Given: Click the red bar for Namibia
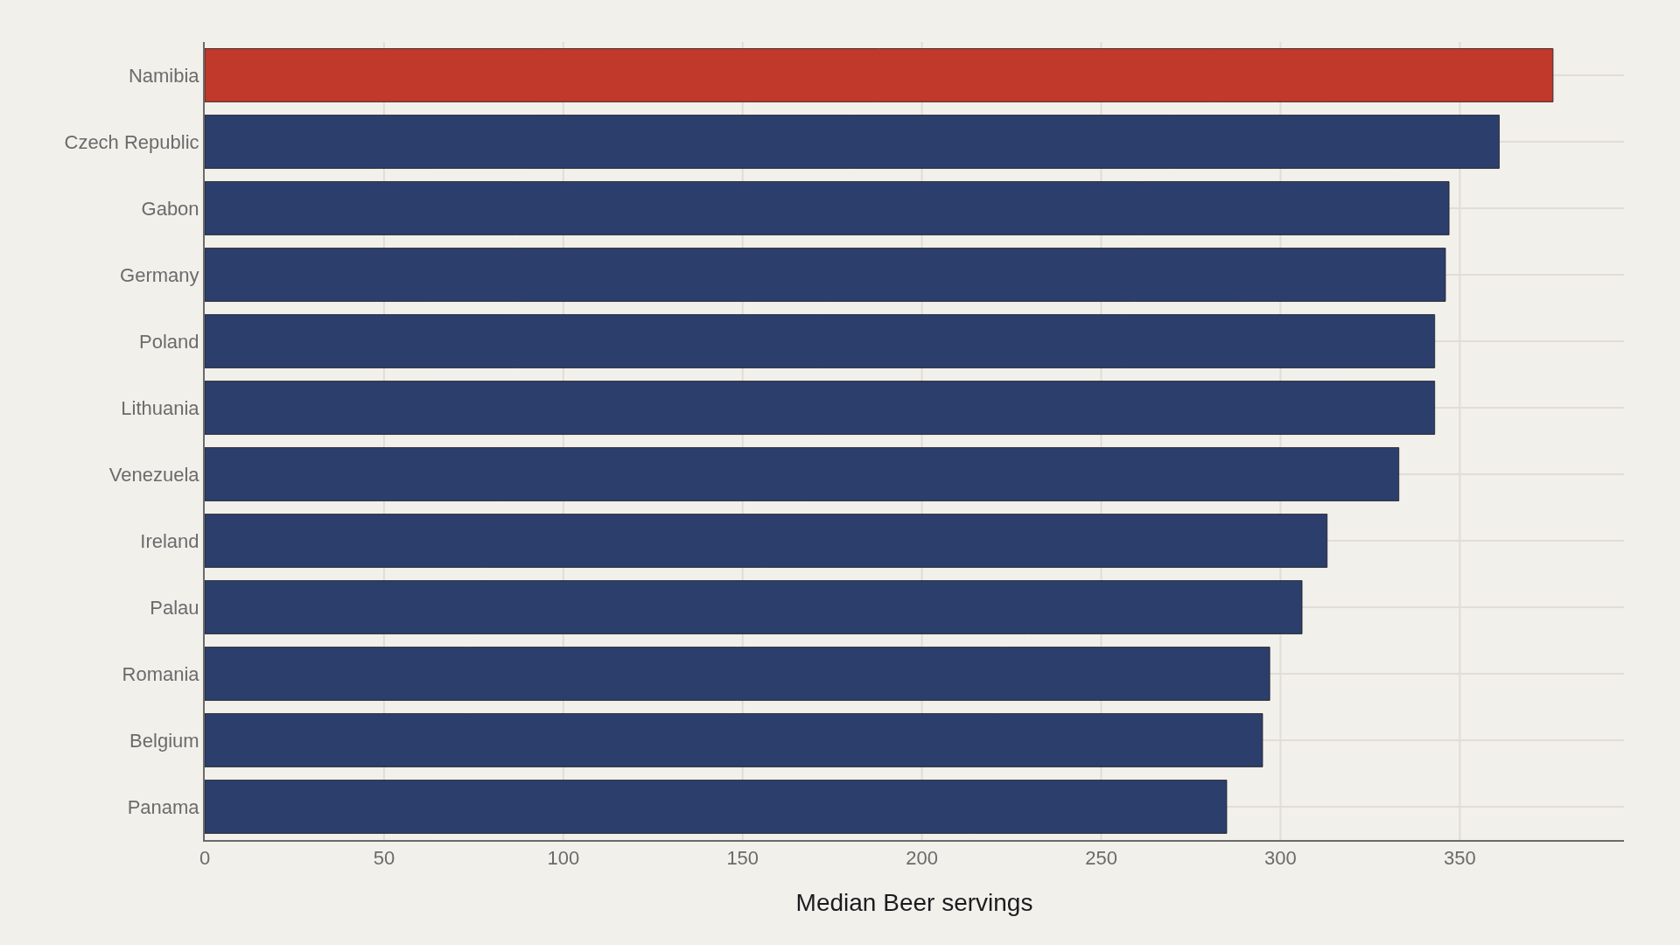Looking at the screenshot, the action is point(878,75).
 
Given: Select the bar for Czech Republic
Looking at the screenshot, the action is point(851,142).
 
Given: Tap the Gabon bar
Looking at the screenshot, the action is point(827,208).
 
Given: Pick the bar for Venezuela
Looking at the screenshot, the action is point(801,474).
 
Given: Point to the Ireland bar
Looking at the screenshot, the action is point(766,541).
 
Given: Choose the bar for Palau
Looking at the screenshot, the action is point(753,607).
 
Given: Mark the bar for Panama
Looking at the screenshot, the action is point(716,807).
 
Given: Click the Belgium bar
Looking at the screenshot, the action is point(733,740).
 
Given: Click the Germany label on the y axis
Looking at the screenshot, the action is point(159,276).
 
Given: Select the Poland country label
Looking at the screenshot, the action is point(169,342).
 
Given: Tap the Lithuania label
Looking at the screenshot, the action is point(160,409).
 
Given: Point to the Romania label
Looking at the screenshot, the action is point(160,675).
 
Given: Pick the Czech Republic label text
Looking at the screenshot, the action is point(131,143).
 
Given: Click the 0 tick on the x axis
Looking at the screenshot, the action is point(205,858).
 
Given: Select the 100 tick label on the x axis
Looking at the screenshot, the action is point(563,858).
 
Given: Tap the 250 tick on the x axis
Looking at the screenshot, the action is point(1101,858).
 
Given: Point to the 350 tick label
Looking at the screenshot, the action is point(1459,858).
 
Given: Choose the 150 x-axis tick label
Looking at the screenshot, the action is point(743,858).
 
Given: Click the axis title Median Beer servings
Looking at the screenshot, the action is point(914,903).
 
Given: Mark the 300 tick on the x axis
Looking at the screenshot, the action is point(1280,858).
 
